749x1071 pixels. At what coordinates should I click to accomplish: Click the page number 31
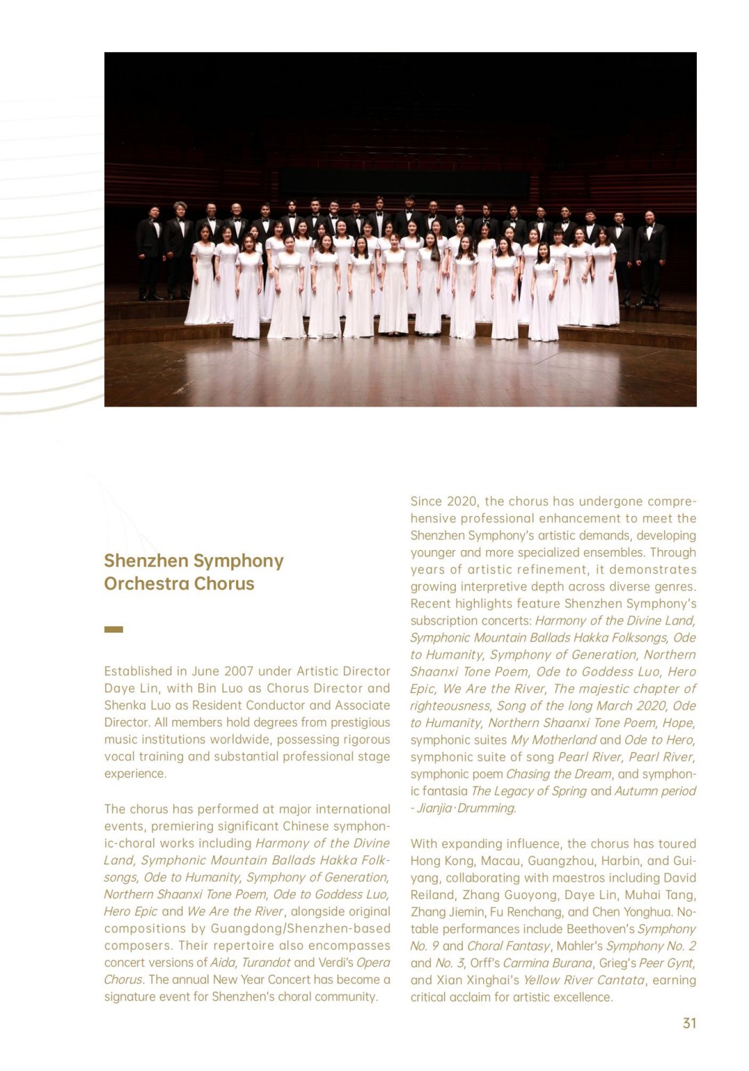pos(689,1023)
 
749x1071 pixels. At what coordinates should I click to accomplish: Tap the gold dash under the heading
pos(113,629)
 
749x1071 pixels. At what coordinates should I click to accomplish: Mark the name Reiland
pos(432,895)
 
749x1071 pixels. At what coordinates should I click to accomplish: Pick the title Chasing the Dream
pos(559,773)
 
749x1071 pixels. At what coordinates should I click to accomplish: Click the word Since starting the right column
pos(425,501)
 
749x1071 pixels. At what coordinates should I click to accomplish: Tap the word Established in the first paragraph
pos(137,671)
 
